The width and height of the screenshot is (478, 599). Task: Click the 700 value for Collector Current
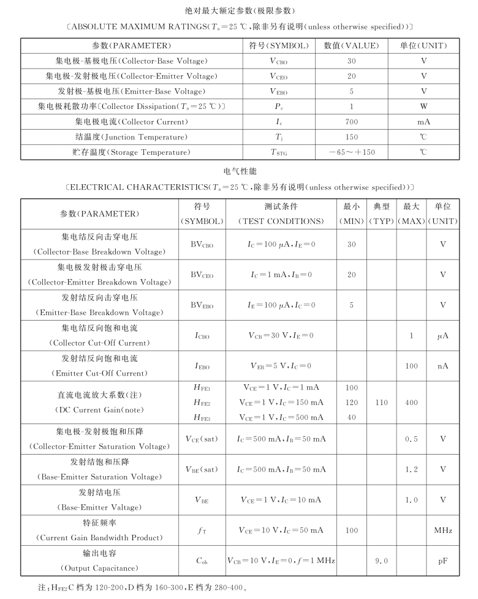click(352, 122)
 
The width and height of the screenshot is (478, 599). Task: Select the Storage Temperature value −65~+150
click(352, 152)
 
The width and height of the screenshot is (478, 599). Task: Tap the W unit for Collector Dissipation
click(423, 106)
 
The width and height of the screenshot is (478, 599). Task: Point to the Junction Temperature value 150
click(352, 137)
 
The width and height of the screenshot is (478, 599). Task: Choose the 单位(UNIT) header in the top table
click(423, 46)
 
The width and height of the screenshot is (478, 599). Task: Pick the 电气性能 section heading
click(239, 171)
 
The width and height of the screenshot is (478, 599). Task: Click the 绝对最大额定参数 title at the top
click(239, 11)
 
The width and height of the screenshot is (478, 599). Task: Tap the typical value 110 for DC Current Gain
click(381, 403)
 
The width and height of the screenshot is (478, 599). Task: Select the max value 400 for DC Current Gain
click(411, 403)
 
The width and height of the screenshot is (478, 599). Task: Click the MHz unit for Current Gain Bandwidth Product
click(443, 530)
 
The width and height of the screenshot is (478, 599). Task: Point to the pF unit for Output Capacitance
click(443, 560)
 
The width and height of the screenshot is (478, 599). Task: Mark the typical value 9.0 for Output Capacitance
click(381, 560)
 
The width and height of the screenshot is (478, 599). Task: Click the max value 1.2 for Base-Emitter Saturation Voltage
click(411, 470)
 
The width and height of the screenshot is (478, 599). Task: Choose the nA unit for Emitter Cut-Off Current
click(443, 366)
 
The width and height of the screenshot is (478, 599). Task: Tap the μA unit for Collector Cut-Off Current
click(443, 336)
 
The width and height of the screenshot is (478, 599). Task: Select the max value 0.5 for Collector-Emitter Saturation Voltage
click(411, 439)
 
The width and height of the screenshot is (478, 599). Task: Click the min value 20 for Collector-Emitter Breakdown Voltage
click(352, 275)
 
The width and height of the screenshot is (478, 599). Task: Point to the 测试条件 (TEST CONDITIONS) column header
click(281, 214)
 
